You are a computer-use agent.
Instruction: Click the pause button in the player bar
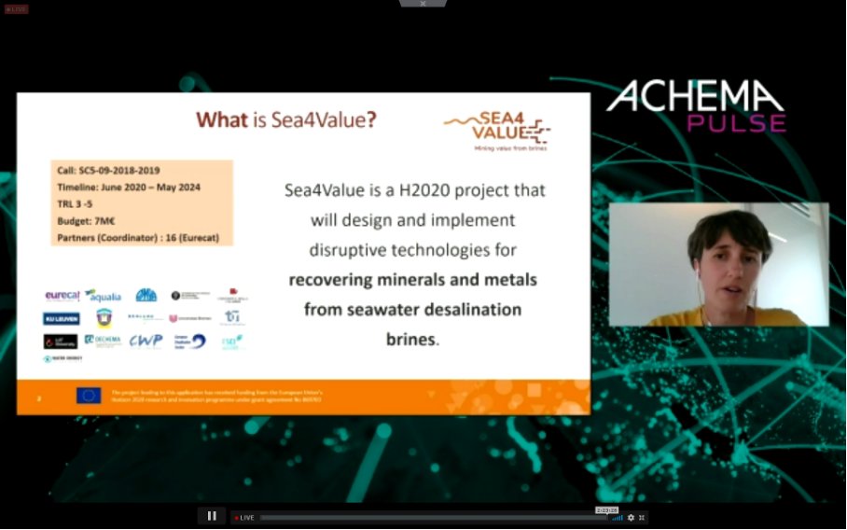coord(212,516)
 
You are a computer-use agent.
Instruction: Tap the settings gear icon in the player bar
coord(631,517)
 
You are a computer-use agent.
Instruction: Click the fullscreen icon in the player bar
coord(642,517)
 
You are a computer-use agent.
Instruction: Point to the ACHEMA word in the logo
coord(696,97)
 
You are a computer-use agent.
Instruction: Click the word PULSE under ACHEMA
coord(737,122)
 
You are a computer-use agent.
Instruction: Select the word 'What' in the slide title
coord(222,119)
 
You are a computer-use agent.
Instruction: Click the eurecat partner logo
coord(62,296)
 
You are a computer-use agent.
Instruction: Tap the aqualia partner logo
coord(104,296)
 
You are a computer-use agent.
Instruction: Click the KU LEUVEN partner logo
coord(61,318)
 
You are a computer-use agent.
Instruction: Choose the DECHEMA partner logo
coord(103,341)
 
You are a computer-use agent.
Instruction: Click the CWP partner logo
coord(146,341)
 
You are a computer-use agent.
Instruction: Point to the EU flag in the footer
coord(89,396)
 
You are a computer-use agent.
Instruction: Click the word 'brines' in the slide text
coord(410,340)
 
